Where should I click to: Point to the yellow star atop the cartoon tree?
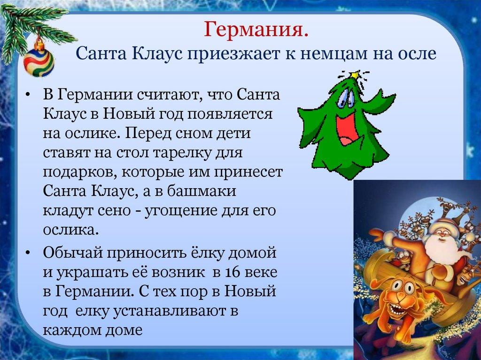[354, 75]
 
